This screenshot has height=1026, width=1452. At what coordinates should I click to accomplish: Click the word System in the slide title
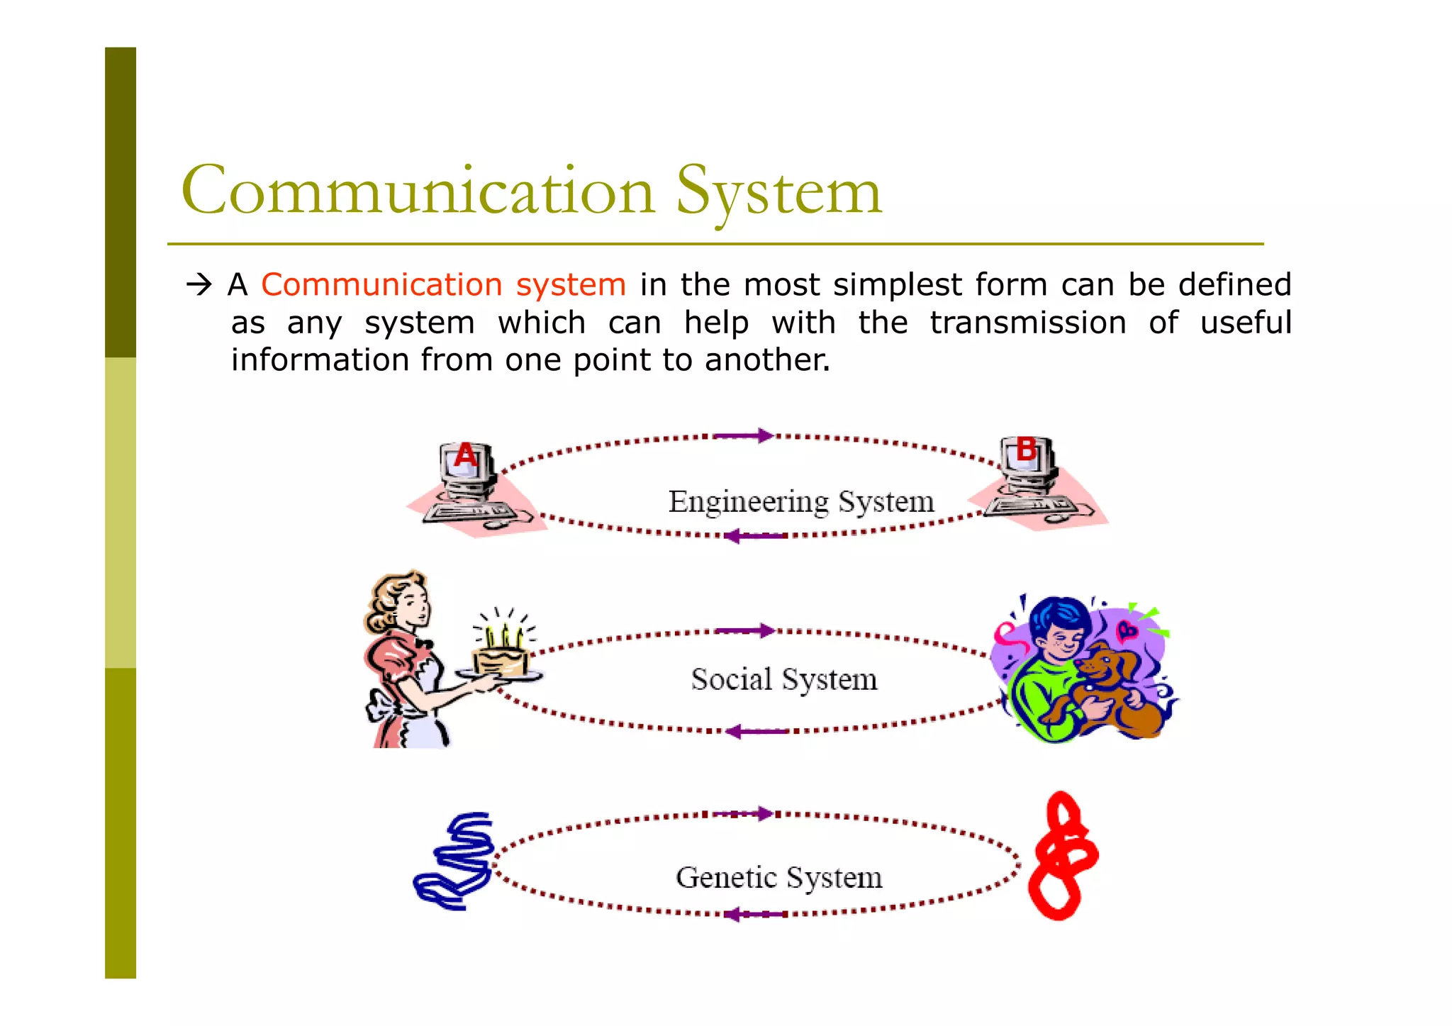(x=778, y=191)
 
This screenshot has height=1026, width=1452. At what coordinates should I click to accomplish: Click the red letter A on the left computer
(x=465, y=455)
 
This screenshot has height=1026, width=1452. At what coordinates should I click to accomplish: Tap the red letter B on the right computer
(x=1026, y=449)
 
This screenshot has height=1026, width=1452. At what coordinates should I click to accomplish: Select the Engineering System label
(x=801, y=501)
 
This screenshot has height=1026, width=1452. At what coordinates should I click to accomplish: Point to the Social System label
(x=784, y=679)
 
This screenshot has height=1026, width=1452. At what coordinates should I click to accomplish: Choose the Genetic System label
(x=779, y=878)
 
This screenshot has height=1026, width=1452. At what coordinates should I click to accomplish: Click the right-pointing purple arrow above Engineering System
(x=744, y=435)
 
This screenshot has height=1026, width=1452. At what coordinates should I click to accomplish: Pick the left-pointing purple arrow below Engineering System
(x=755, y=536)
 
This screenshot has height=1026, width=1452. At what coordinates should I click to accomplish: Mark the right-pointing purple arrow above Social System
(x=746, y=630)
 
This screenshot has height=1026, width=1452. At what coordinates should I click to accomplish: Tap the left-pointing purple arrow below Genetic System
(x=755, y=915)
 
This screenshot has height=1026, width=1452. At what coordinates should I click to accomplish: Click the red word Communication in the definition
(x=381, y=284)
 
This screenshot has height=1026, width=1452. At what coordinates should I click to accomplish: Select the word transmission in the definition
(x=1027, y=323)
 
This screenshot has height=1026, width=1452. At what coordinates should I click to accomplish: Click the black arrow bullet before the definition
(x=199, y=285)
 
